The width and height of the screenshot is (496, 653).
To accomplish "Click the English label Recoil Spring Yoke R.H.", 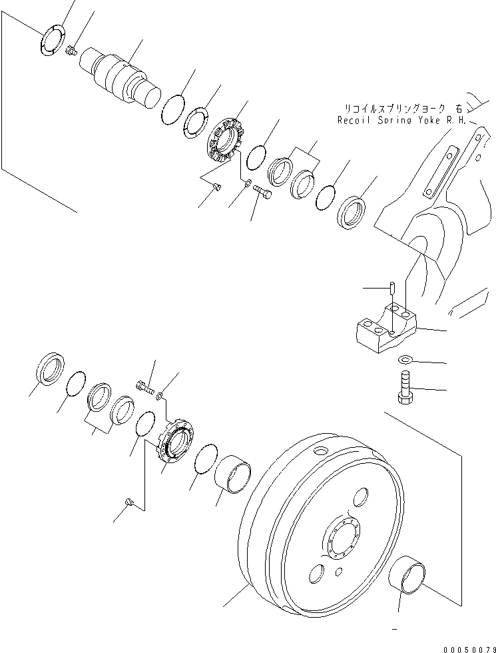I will [402, 121].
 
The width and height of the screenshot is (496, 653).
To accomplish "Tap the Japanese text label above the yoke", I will [403, 108].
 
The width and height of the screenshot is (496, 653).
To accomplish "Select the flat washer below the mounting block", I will [405, 360].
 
